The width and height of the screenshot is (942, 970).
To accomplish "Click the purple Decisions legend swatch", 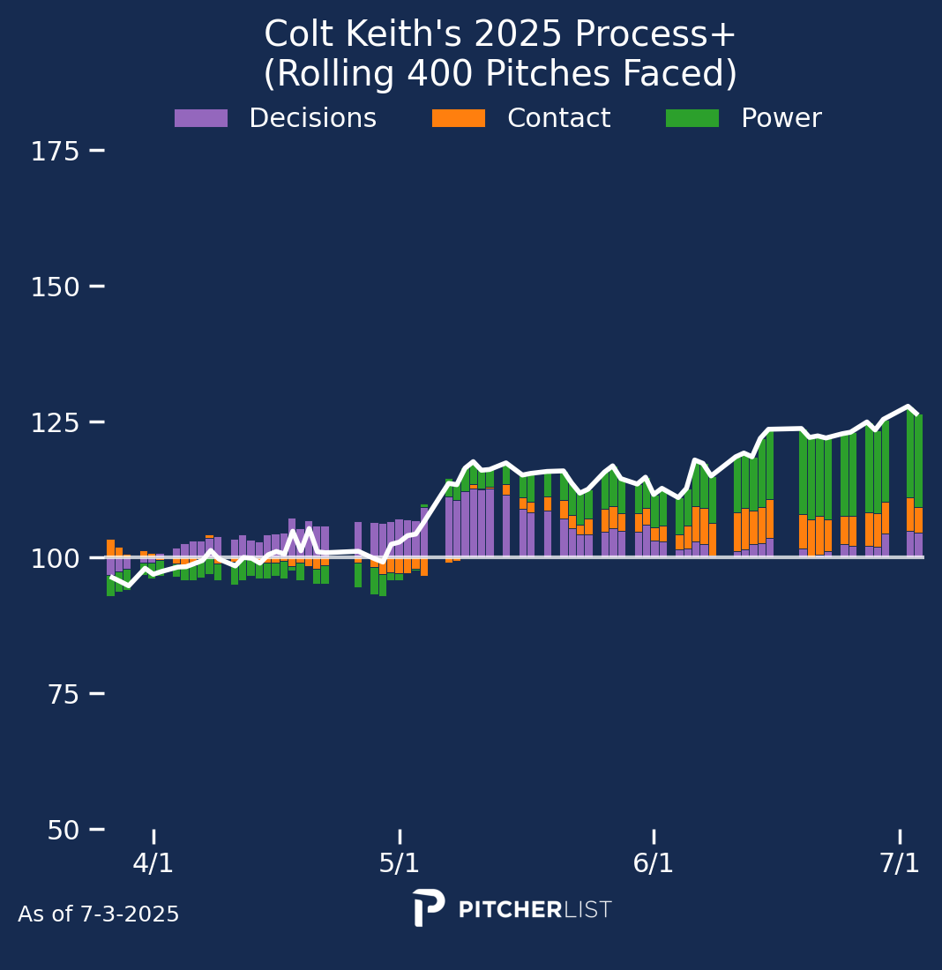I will pyautogui.click(x=201, y=118).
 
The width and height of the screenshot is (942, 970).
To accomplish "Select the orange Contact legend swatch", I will pyautogui.click(x=458, y=118).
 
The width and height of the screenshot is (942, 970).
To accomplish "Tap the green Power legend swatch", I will pyautogui.click(x=692, y=118).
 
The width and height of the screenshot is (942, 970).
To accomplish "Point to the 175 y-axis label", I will pyautogui.click(x=56, y=152).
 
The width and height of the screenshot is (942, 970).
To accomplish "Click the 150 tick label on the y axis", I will pyautogui.click(x=56, y=287).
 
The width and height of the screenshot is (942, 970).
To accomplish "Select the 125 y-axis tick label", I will pyautogui.click(x=56, y=423).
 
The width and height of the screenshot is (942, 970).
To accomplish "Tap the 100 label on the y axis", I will pyautogui.click(x=56, y=558).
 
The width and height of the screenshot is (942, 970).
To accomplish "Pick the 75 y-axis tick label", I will pyautogui.click(x=61, y=695).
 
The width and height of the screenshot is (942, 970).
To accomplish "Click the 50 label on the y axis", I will pyautogui.click(x=61, y=831).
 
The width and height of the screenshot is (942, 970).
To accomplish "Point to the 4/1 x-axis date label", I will pyautogui.click(x=153, y=863).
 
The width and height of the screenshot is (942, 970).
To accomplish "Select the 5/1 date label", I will pyautogui.click(x=400, y=863).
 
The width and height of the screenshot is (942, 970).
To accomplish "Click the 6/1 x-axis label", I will pyautogui.click(x=654, y=863).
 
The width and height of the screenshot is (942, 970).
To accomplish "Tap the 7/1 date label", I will pyautogui.click(x=900, y=863).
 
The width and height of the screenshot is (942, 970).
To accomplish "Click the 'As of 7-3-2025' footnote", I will pyautogui.click(x=99, y=914).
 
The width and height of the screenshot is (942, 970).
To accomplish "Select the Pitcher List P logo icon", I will pyautogui.click(x=429, y=907).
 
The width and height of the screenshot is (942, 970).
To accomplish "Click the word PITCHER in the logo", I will pyautogui.click(x=511, y=910).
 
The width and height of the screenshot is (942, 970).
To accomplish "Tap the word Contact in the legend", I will pyautogui.click(x=558, y=118).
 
